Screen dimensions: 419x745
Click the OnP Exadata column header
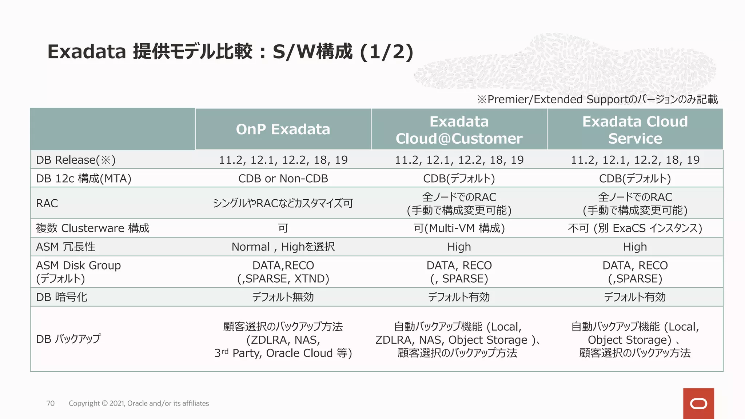click(283, 129)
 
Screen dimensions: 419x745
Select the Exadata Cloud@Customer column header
click(459, 130)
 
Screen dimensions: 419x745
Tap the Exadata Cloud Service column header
click(635, 130)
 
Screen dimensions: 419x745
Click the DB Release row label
click(76, 160)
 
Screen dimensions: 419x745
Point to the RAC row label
click(47, 203)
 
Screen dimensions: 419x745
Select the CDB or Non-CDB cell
click(283, 179)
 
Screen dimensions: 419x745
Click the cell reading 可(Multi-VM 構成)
click(459, 228)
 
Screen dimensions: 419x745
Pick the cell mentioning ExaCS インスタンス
click(635, 228)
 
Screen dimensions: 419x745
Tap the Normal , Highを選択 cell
click(283, 247)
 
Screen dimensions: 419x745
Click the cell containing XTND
click(283, 272)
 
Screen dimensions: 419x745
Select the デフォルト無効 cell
click(283, 297)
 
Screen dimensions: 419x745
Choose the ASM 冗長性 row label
click(65, 247)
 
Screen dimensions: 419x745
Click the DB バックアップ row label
click(68, 339)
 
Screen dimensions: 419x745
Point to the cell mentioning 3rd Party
click(283, 340)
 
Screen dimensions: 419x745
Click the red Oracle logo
click(698, 403)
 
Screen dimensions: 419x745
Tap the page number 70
click(51, 403)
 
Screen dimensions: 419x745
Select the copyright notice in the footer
click(139, 403)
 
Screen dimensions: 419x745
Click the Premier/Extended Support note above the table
click(598, 99)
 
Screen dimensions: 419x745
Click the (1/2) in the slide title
click(387, 52)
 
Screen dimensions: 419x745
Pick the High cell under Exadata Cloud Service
click(635, 247)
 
